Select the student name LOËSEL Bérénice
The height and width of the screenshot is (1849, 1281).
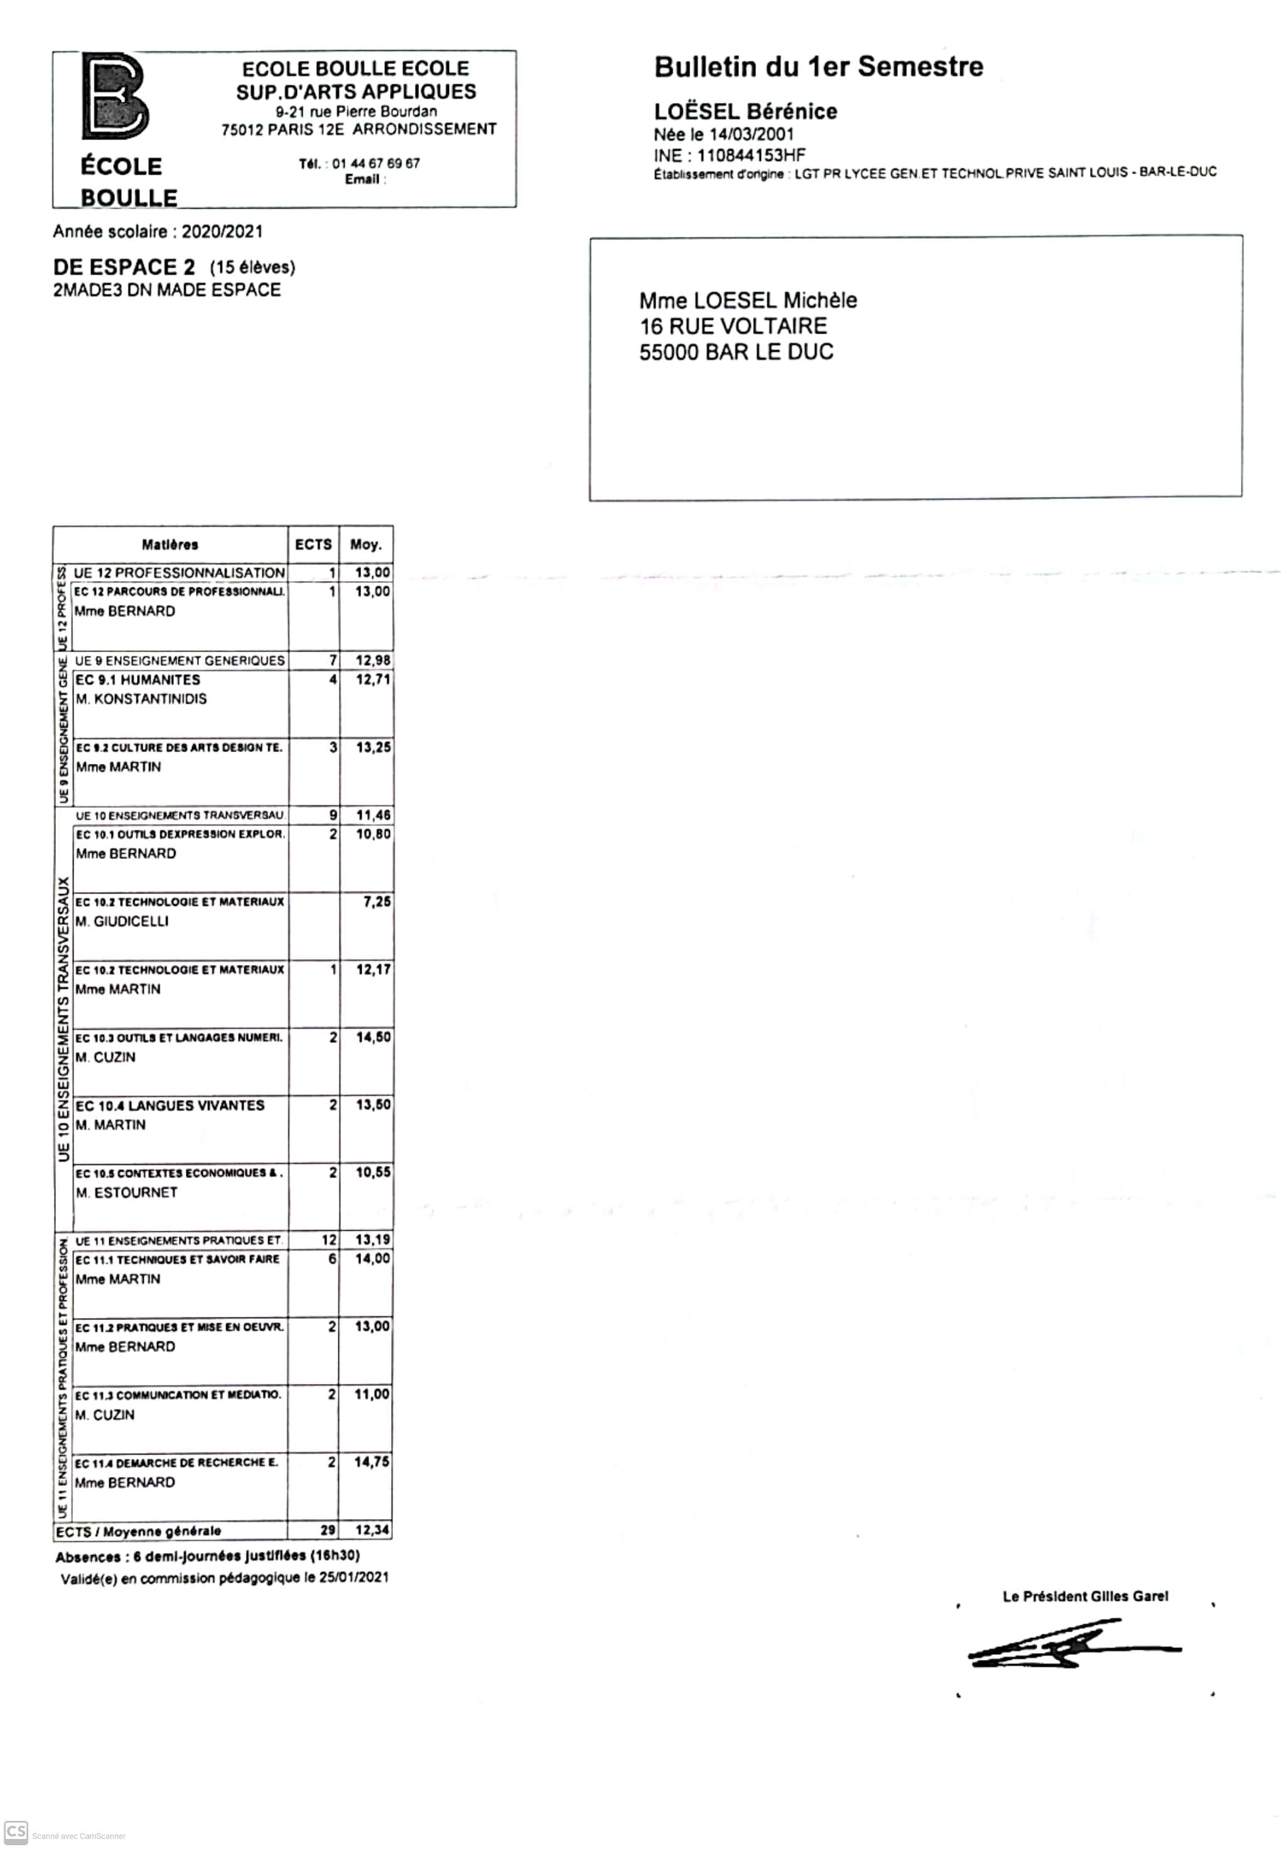tap(745, 112)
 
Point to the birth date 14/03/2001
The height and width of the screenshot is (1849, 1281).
tap(751, 134)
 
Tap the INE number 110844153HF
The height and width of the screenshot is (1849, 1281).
tap(750, 156)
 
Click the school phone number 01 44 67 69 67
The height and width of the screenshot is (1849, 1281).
tap(376, 163)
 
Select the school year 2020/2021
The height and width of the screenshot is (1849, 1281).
tap(222, 232)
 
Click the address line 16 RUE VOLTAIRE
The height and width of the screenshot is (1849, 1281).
tap(733, 326)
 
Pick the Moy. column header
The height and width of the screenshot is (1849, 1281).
tap(366, 544)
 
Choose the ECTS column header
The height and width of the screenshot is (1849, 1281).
tap(313, 544)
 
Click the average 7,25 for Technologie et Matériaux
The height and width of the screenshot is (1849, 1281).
tap(376, 902)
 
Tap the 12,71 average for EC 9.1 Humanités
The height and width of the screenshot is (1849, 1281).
tap(373, 679)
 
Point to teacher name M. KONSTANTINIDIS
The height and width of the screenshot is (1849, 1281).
tap(141, 699)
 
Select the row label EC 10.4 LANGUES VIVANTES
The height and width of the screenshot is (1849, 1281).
tap(170, 1106)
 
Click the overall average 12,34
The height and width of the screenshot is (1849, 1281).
tap(372, 1530)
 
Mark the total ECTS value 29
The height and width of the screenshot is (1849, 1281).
tap(328, 1530)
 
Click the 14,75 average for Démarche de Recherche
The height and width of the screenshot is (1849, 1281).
tap(372, 1462)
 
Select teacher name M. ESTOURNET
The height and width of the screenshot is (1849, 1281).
tap(126, 1193)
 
